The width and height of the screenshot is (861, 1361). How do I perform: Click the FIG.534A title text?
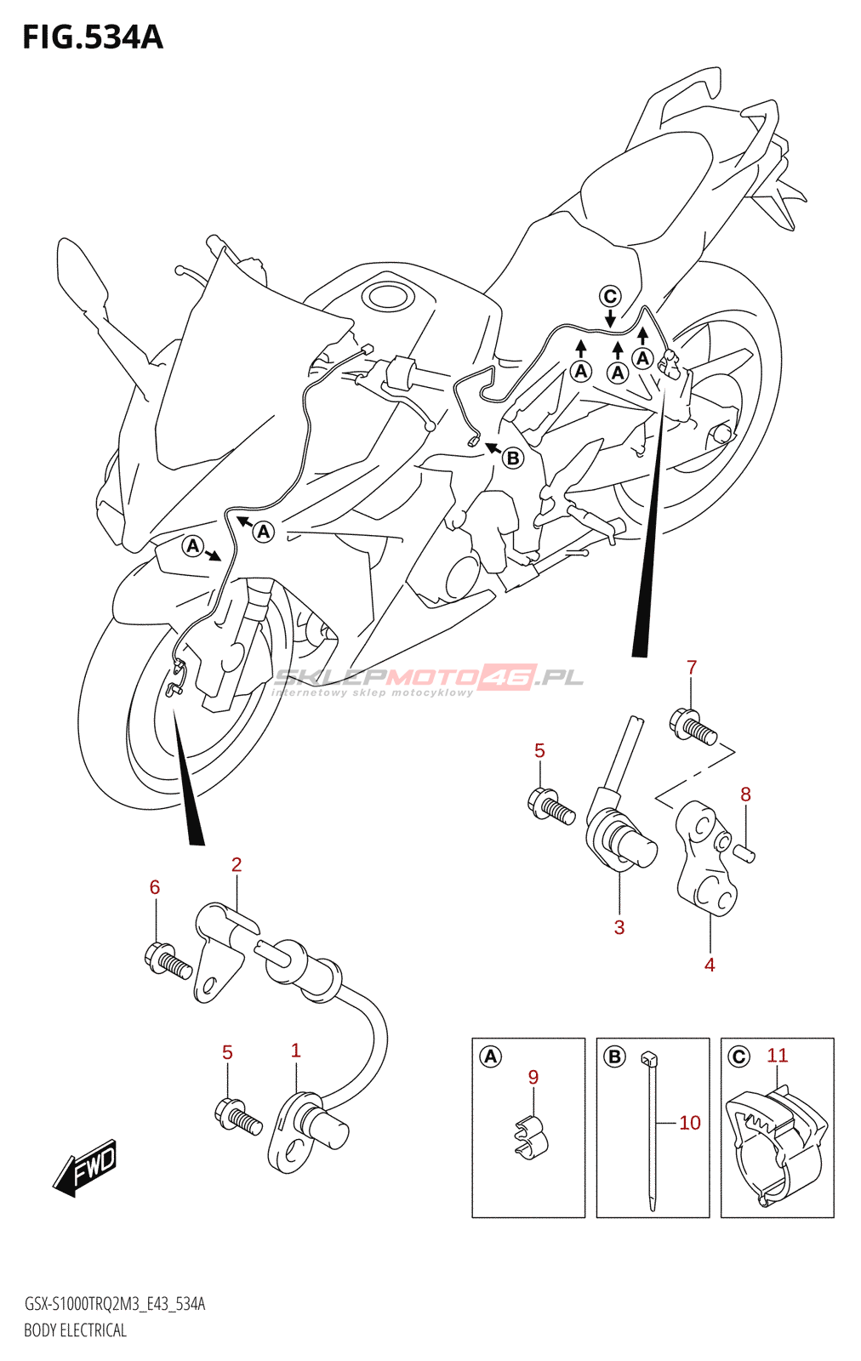[92, 37]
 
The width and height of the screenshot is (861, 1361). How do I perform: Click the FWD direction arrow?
[85, 1167]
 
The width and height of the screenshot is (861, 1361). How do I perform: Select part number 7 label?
[692, 668]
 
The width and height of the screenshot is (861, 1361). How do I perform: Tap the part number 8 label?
[745, 794]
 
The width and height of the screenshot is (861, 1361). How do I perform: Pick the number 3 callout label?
[619, 927]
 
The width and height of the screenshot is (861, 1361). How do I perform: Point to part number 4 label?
[710, 965]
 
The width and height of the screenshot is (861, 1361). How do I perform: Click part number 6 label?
[155, 887]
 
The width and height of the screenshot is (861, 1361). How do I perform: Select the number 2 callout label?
[237, 864]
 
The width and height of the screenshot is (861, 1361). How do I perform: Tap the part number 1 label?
[296, 1051]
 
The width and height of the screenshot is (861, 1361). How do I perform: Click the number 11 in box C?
[778, 1056]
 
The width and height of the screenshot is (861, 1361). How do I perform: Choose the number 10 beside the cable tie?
[690, 1123]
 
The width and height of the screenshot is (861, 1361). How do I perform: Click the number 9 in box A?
[533, 1077]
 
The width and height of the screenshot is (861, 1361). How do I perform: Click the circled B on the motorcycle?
[512, 458]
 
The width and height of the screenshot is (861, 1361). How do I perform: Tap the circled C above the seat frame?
[610, 296]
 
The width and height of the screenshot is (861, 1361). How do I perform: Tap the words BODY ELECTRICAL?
[75, 1330]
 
